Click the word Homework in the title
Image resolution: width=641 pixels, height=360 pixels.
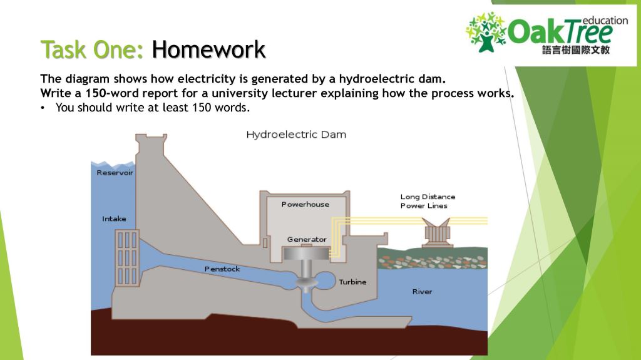tap(208, 49)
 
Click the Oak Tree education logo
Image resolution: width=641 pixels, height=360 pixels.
tap(546, 33)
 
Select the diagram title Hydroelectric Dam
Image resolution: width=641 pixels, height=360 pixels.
tap(296, 135)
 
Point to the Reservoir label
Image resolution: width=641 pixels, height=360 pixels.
tap(115, 173)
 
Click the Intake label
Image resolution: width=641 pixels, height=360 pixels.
tap(114, 219)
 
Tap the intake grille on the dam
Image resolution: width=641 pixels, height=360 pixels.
tap(127, 257)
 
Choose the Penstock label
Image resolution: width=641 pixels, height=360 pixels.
tap(222, 269)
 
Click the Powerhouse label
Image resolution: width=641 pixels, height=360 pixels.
tap(305, 205)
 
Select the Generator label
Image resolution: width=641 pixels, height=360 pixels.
tap(307, 240)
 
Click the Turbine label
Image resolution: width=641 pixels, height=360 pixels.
tap(352, 282)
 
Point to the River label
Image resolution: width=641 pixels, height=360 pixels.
tap(422, 292)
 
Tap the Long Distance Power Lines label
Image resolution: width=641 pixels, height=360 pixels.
tap(428, 201)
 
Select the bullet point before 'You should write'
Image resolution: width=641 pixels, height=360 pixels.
tap(43, 107)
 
